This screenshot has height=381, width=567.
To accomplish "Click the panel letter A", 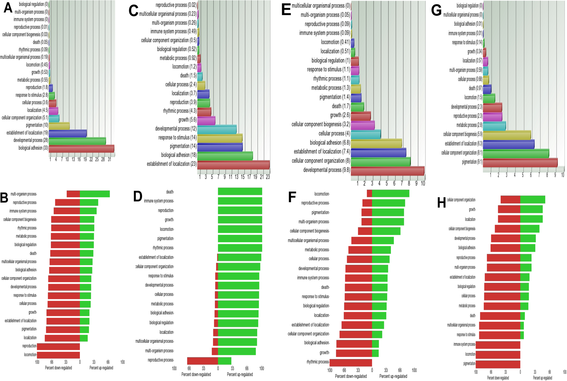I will (x=8, y=8).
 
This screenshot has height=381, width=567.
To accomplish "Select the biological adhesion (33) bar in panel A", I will (x=81, y=149).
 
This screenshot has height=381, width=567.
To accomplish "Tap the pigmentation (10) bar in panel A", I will (x=59, y=126).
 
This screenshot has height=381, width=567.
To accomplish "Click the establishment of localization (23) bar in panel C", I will (x=233, y=165).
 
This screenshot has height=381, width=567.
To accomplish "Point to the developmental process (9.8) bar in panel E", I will (x=387, y=171).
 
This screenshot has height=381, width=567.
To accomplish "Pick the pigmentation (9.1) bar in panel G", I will (x=520, y=162).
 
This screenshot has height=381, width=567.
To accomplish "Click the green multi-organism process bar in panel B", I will (x=95, y=194).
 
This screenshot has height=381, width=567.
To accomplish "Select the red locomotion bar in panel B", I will (x=59, y=355).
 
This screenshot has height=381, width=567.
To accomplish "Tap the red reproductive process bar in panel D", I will (x=202, y=361).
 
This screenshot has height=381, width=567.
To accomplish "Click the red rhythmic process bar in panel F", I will (x=351, y=362).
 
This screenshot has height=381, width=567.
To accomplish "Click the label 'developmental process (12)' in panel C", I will (x=176, y=129).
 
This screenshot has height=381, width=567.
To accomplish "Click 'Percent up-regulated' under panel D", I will (x=240, y=374).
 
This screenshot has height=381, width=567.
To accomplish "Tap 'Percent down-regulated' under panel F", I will (x=351, y=376).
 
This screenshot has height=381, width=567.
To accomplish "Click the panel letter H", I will (x=441, y=203).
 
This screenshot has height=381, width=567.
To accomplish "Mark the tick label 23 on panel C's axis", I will (x=268, y=177).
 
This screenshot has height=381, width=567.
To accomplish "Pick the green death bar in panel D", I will (x=240, y=191).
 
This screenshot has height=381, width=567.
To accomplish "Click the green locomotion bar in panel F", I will (x=390, y=194).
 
